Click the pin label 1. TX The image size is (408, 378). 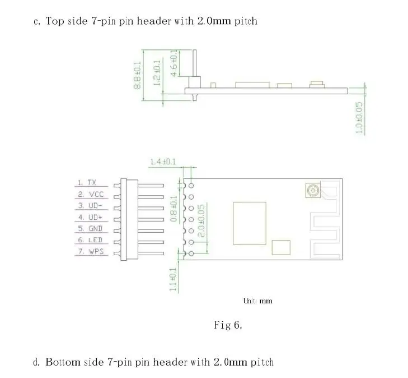pyautogui.click(x=87, y=183)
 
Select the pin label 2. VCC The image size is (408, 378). pyautogui.click(x=91, y=194)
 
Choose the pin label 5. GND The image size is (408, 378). pyautogui.click(x=90, y=228)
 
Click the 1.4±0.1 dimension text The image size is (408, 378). pyautogui.click(x=162, y=162)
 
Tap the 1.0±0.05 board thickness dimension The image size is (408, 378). pyautogui.click(x=360, y=117)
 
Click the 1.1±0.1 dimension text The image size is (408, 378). pyautogui.click(x=173, y=279)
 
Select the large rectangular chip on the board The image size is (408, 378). pyautogui.click(x=246, y=223)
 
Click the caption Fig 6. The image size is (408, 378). pyautogui.click(x=228, y=325)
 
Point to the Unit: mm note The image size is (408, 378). pyautogui.click(x=257, y=301)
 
